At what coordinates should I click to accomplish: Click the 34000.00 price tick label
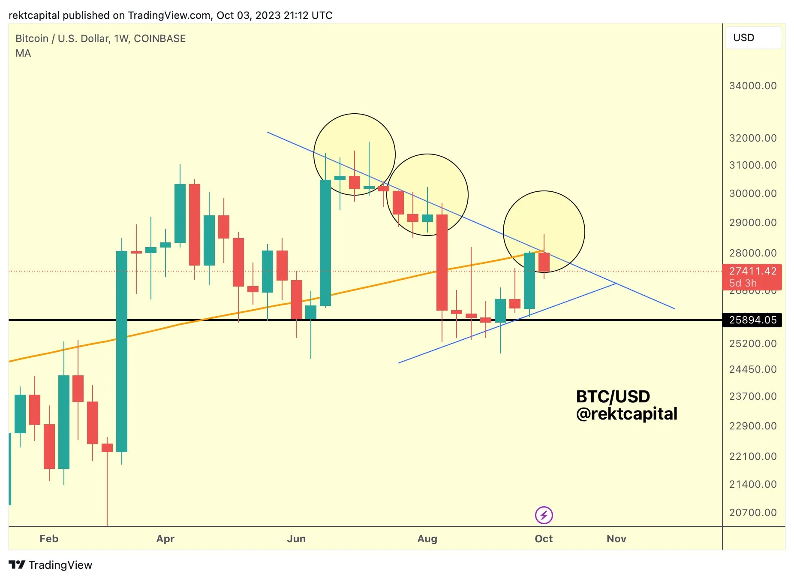click(x=752, y=86)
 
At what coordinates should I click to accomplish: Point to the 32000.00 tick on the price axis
click(x=752, y=138)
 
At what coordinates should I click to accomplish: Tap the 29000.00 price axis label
click(x=752, y=223)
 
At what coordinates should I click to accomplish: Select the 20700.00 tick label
click(x=752, y=513)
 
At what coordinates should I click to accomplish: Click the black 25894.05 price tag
click(x=752, y=320)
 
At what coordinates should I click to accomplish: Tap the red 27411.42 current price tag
click(x=752, y=272)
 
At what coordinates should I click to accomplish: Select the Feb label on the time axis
click(x=49, y=539)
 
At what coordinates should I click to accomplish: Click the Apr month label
click(x=165, y=539)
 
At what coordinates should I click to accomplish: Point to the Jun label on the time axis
click(x=296, y=539)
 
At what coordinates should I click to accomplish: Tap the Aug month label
click(x=427, y=539)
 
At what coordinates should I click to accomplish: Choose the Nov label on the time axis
click(x=617, y=539)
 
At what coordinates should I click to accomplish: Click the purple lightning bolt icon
click(x=544, y=515)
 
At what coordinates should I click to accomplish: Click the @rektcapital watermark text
click(x=626, y=414)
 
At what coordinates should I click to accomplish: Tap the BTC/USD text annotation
click(x=613, y=396)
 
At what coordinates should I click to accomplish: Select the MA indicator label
click(x=23, y=53)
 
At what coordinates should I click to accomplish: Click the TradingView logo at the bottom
click(x=51, y=565)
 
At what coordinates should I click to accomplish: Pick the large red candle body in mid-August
click(x=442, y=262)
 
